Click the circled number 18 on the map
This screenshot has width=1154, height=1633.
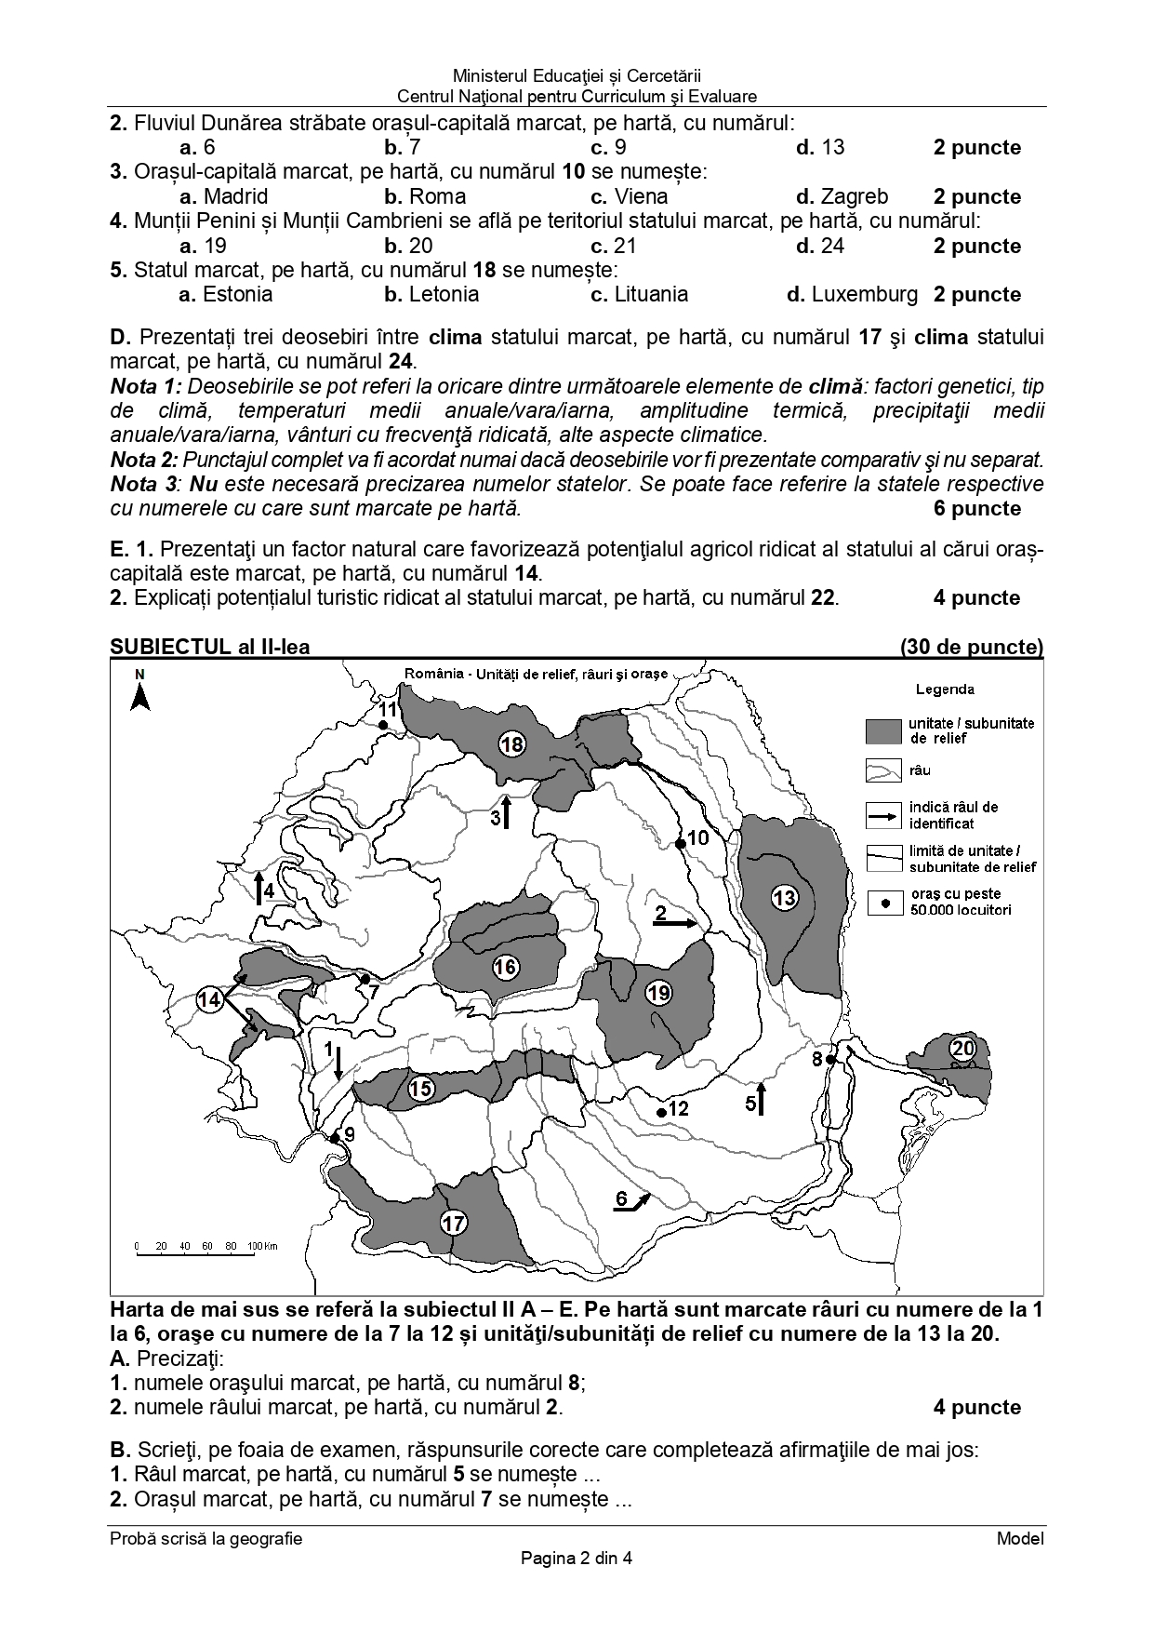[x=511, y=743]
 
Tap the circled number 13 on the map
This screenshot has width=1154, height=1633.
[x=785, y=897]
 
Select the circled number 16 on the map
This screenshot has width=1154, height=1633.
[x=505, y=967]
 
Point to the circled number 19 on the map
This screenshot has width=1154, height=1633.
[x=658, y=993]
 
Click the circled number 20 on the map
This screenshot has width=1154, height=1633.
[x=962, y=1049]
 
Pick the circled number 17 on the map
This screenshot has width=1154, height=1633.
[x=454, y=1223]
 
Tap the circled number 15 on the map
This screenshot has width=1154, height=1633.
[x=422, y=1088]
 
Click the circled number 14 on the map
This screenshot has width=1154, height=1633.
[x=211, y=999]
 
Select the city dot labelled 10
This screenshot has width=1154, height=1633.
[x=681, y=843]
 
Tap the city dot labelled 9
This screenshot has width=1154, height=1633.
[x=335, y=1137]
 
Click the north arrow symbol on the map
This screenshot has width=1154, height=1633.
[x=140, y=696]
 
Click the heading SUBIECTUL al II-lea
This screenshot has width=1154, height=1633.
[x=210, y=647]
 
